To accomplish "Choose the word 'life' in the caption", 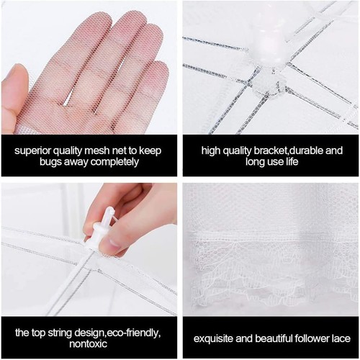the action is (291, 161).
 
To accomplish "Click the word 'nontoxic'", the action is (88, 344).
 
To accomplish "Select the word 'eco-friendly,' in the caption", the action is (131, 333).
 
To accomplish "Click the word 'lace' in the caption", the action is (340, 338).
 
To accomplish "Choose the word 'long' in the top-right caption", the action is (256, 162).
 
